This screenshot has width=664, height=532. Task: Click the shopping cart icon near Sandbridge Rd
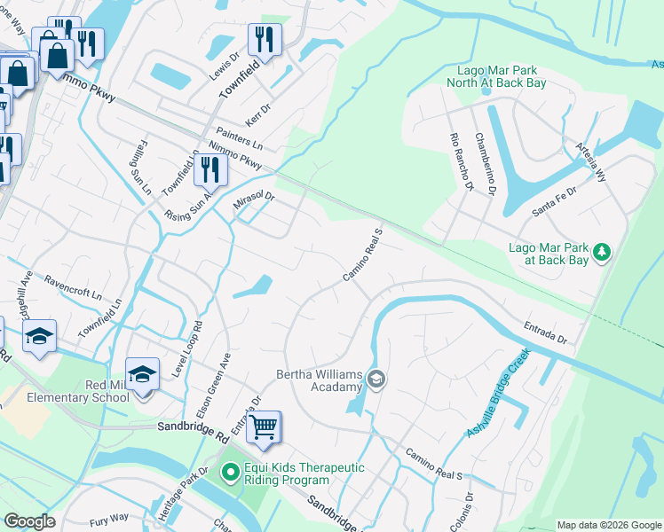(x=264, y=427)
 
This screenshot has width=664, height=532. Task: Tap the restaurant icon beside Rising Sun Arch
(x=209, y=168)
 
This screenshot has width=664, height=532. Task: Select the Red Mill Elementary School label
(x=78, y=390)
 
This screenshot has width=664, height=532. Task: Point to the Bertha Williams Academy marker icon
(x=376, y=379)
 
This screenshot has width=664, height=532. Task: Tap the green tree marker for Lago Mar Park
(x=603, y=253)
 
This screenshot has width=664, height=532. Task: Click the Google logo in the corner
(x=31, y=521)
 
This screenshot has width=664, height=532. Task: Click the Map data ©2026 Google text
(x=608, y=525)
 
